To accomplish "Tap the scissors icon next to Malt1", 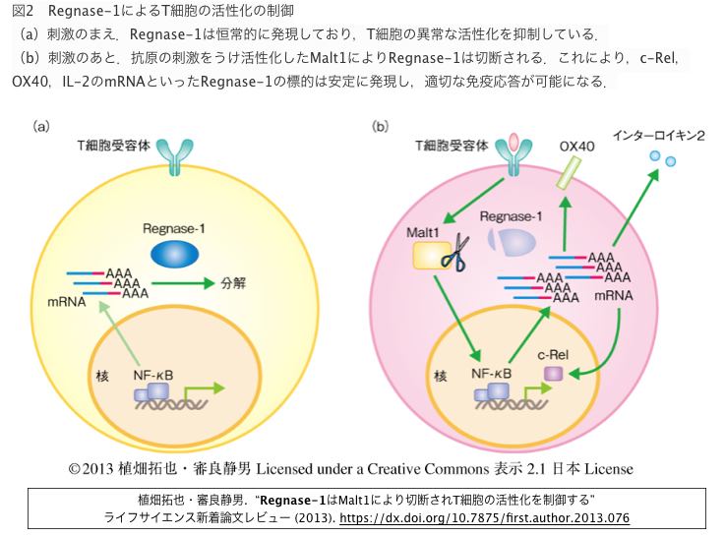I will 454,252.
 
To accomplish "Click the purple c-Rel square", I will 554,375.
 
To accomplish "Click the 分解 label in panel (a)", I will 232,282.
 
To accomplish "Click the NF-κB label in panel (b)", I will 491,374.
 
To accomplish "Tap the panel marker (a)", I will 42,125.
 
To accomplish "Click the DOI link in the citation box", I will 484,517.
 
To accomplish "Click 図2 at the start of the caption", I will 24,11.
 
